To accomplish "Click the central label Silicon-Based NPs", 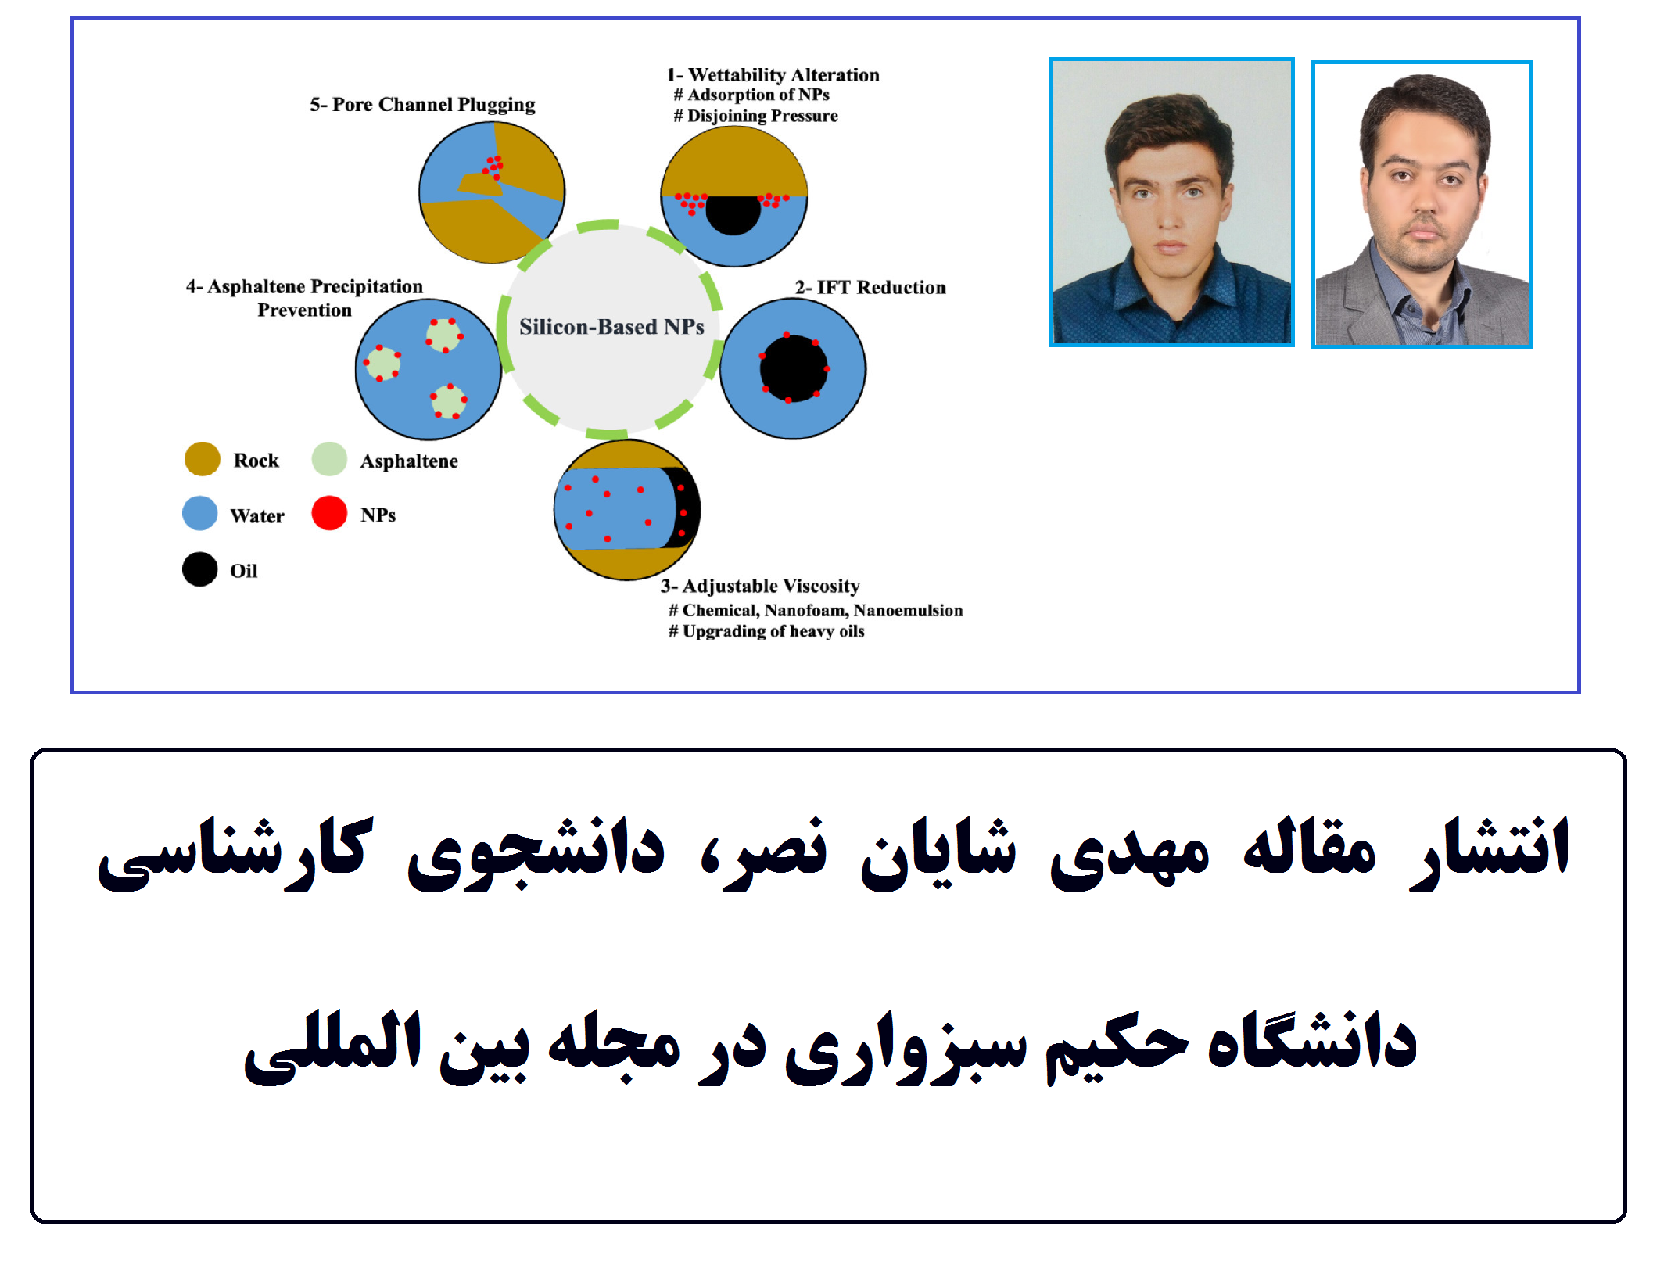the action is coord(611,327).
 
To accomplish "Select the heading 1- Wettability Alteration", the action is coord(773,75).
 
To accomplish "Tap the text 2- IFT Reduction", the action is coord(870,288).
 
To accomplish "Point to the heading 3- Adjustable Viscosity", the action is coord(760,587).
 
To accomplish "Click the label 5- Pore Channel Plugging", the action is coord(422,105).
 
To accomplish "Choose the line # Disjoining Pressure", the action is coord(755,116).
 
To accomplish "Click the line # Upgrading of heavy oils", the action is coord(766,631).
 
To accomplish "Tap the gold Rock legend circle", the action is coord(202,459).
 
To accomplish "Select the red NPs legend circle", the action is coord(329,513).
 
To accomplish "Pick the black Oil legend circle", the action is coord(199,569).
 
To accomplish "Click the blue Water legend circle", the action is coord(199,514).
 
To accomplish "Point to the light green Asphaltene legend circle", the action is coord(329,459).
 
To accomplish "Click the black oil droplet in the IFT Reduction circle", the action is coord(793,368).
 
